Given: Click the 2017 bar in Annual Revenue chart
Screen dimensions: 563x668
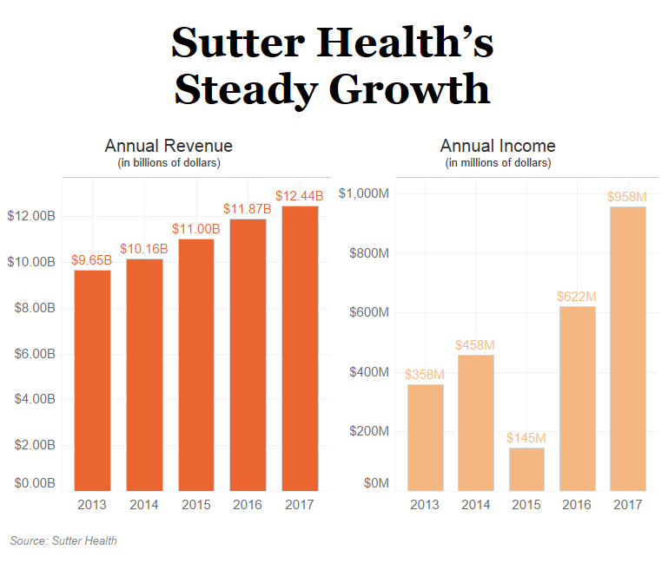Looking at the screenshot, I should click(x=300, y=347).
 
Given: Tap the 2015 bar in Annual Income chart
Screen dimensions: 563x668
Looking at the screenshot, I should click(x=526, y=468).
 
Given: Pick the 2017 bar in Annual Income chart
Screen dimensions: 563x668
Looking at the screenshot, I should click(x=629, y=348).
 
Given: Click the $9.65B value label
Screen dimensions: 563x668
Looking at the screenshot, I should click(x=91, y=259).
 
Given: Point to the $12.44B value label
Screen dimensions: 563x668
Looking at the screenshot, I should click(x=300, y=195).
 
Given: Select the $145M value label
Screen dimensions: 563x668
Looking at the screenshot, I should click(x=526, y=437).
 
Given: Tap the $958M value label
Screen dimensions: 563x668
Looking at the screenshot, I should click(x=629, y=196).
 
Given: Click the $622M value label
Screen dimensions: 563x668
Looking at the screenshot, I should click(x=577, y=296).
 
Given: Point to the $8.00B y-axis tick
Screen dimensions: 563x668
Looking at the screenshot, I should click(x=31, y=308).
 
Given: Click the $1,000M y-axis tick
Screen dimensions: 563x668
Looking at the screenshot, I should click(x=363, y=193).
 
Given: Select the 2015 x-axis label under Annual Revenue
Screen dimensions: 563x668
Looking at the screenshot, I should click(x=195, y=505).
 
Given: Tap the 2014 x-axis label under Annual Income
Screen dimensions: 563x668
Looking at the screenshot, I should click(x=475, y=505).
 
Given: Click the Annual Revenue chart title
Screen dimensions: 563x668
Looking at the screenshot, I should click(x=169, y=146).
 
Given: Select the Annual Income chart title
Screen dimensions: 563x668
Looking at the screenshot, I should click(x=498, y=146).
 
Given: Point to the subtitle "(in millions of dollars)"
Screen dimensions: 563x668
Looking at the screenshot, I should click(x=498, y=162).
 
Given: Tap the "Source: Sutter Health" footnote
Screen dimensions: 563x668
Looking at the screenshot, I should click(x=63, y=541).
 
